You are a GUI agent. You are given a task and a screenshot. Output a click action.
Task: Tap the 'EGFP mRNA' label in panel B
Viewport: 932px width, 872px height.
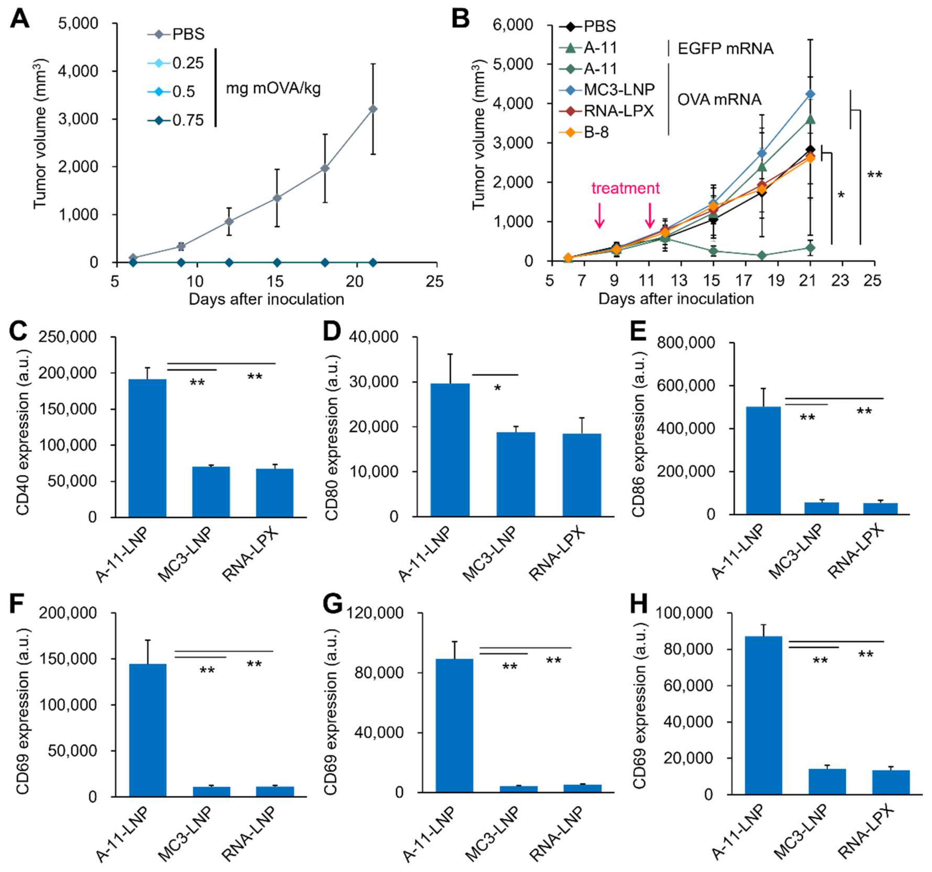pos(725,48)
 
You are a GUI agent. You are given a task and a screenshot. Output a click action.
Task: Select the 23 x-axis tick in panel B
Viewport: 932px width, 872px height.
pos(840,280)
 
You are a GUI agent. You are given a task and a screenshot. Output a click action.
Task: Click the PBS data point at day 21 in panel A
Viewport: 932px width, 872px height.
pos(373,109)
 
